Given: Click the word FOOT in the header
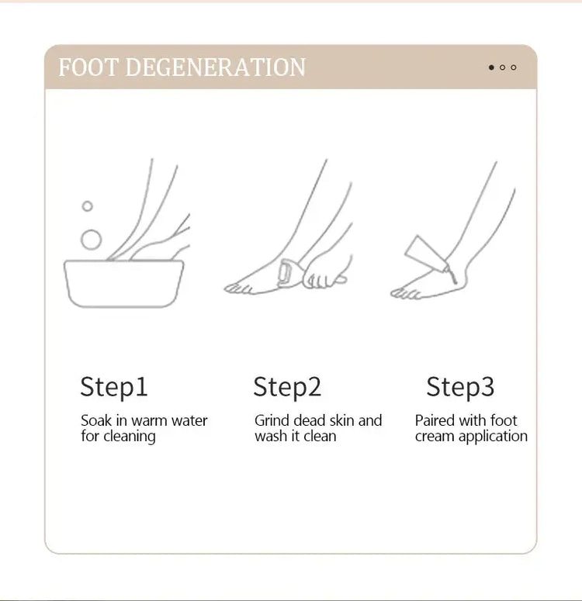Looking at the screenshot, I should coord(88,67).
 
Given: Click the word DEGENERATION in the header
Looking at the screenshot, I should coord(215,67).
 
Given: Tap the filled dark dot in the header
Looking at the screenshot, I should coord(491,67).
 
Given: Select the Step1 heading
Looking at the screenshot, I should coord(113,386).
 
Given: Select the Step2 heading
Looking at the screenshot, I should coord(287,386).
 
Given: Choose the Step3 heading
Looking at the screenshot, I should coord(460,386).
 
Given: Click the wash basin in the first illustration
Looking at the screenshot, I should coord(123,283).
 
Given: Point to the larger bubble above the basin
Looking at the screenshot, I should coord(91,239).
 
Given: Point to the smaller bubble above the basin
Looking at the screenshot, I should coord(88,206).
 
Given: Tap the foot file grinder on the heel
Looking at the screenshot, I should coord(286,273).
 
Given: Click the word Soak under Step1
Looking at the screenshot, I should coord(95,421).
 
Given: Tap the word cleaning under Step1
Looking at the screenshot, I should coord(130,437).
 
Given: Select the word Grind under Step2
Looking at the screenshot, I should coord(272,421).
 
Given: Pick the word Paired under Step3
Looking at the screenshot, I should coord(435,421).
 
